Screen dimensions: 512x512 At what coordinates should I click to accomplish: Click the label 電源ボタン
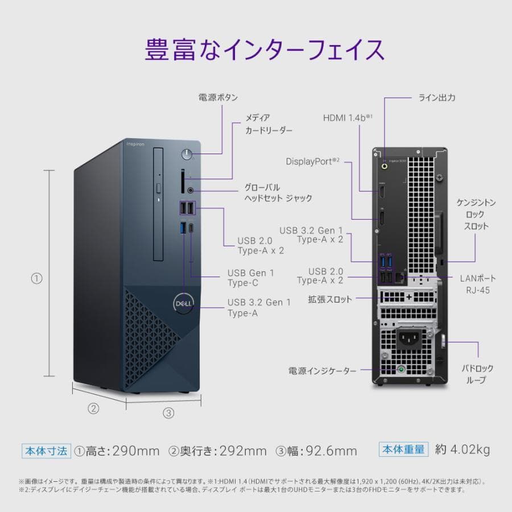[218, 97]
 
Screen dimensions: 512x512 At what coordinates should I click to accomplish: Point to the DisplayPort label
[313, 161]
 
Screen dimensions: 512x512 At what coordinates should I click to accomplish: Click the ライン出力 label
[437, 97]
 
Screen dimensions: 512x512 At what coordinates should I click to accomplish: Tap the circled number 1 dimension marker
[36, 278]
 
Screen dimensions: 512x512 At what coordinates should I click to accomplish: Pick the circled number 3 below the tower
[168, 413]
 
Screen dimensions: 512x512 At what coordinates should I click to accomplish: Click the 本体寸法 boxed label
[46, 451]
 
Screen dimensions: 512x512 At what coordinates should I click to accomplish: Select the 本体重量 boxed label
[403, 449]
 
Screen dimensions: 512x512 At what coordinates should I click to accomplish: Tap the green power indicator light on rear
[403, 370]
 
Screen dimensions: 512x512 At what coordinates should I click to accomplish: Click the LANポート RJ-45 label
[478, 284]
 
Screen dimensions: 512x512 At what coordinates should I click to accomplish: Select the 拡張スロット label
[330, 299]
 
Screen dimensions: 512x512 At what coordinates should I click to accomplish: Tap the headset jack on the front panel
[191, 191]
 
